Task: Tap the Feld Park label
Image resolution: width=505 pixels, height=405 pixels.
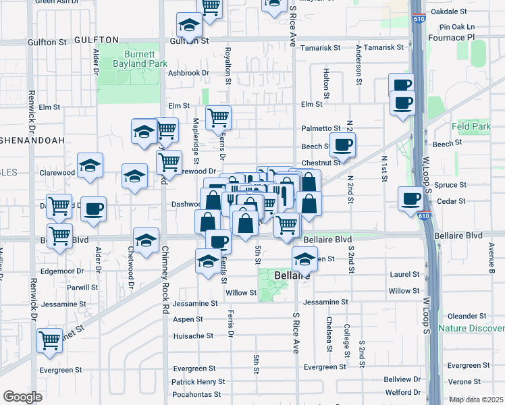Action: tap(471, 126)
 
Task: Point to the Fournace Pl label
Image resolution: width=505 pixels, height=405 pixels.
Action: tap(471, 38)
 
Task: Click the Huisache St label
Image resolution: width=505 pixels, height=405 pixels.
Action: tap(193, 335)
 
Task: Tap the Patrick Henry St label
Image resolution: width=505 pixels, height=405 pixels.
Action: tap(198, 381)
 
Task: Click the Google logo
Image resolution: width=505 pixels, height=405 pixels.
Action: tap(22, 397)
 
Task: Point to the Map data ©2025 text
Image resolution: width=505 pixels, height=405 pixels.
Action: tap(475, 400)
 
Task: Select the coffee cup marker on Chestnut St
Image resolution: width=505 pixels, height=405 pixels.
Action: tap(343, 144)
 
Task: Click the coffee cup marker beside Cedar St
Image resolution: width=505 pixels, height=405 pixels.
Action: tap(410, 198)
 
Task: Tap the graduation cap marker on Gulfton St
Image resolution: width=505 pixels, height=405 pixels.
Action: tap(189, 26)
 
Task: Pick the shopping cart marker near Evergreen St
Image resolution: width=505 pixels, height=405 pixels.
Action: tap(50, 342)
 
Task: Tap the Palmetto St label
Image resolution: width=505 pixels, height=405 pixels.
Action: tap(321, 128)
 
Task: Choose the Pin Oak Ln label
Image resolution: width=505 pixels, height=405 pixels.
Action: tap(457, 27)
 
